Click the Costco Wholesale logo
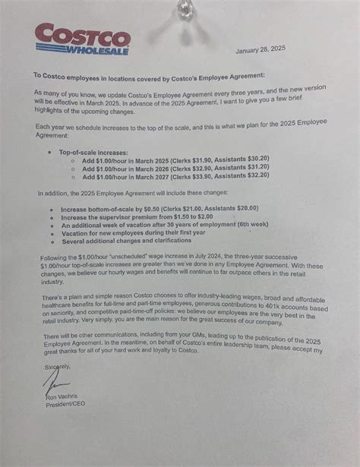tap(82, 38)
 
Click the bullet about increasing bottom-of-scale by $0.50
tap(159, 208)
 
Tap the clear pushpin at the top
tap(182, 9)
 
